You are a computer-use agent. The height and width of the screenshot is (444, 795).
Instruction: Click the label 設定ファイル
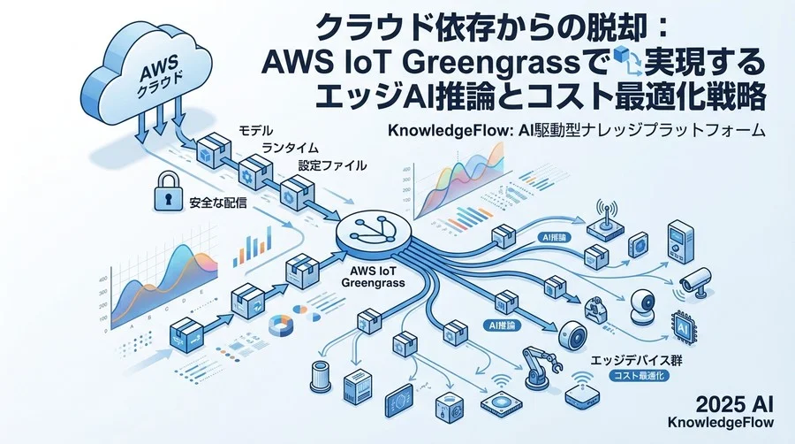coord(333,165)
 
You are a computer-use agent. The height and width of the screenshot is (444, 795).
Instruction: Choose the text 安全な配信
coord(217,203)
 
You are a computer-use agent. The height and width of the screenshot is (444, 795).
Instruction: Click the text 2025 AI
coord(735,404)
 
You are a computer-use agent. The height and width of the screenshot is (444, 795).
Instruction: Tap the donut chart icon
coord(281,325)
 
